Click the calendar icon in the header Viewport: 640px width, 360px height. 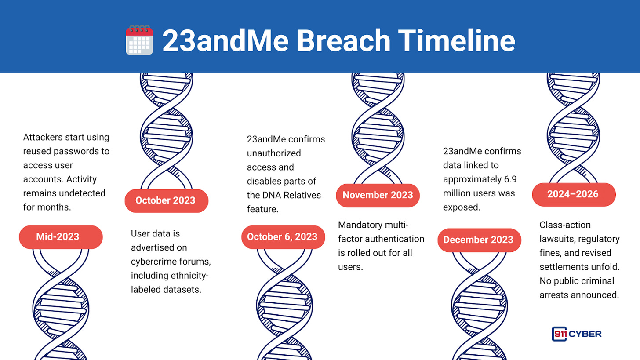click(x=139, y=40)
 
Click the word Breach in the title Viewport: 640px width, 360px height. click(x=343, y=40)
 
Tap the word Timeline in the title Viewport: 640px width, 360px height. click(x=457, y=40)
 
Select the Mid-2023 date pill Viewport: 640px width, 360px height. click(x=61, y=237)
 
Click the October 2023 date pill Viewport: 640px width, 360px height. click(x=166, y=200)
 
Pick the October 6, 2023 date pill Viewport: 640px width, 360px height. click(x=283, y=237)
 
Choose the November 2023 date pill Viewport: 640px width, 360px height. click(x=378, y=195)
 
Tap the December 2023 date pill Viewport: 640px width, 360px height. click(x=479, y=240)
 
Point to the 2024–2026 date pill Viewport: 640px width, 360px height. click(x=574, y=194)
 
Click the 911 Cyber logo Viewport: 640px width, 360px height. click(x=577, y=334)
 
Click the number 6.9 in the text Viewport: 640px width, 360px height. click(x=510, y=179)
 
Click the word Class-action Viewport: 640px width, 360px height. click(x=565, y=225)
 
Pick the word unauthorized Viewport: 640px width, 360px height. click(x=274, y=153)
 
